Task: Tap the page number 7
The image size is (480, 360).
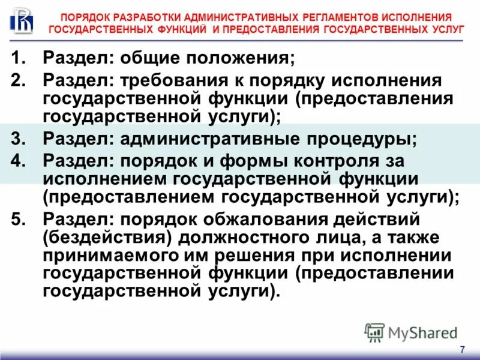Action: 462,350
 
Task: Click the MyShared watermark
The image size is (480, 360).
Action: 410,332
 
